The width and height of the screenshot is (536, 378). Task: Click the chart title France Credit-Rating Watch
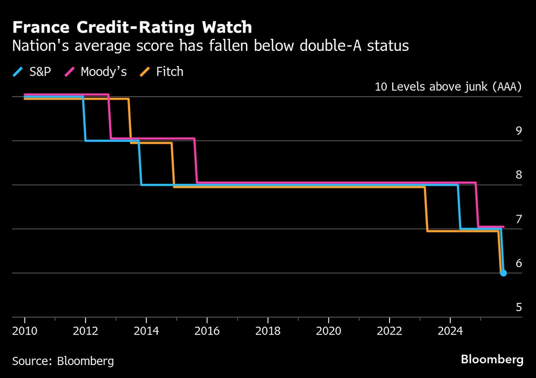point(132,28)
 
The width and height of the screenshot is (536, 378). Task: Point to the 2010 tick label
point(25,332)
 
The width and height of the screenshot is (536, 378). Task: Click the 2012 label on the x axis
point(85,332)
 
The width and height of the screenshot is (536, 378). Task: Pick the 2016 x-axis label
point(207,332)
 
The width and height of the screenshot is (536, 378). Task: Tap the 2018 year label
point(268,332)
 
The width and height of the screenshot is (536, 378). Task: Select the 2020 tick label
point(328,332)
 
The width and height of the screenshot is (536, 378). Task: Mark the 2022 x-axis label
point(389,332)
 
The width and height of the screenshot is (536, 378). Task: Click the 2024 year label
point(450,332)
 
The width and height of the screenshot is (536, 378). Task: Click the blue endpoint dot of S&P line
point(503,273)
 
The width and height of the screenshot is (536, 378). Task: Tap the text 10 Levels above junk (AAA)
point(448,87)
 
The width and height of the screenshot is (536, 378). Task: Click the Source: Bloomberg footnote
point(63,361)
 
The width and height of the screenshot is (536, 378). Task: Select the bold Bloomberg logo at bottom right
point(492,360)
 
